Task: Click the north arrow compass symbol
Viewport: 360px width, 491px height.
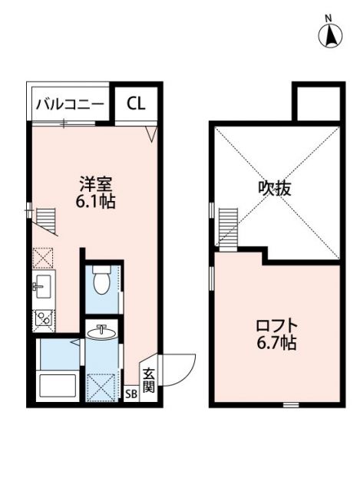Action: click(x=329, y=33)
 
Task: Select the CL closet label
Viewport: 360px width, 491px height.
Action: click(x=136, y=103)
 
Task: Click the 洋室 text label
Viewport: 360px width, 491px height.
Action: click(x=97, y=185)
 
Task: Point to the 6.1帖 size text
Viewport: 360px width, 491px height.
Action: click(x=97, y=203)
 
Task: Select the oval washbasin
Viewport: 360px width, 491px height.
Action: click(x=101, y=332)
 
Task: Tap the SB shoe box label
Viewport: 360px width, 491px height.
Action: click(x=131, y=393)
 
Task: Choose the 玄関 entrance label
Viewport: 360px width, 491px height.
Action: click(x=149, y=379)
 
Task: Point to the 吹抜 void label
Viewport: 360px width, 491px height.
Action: click(x=275, y=188)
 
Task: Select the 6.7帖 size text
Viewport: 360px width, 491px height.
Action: click(x=276, y=343)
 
